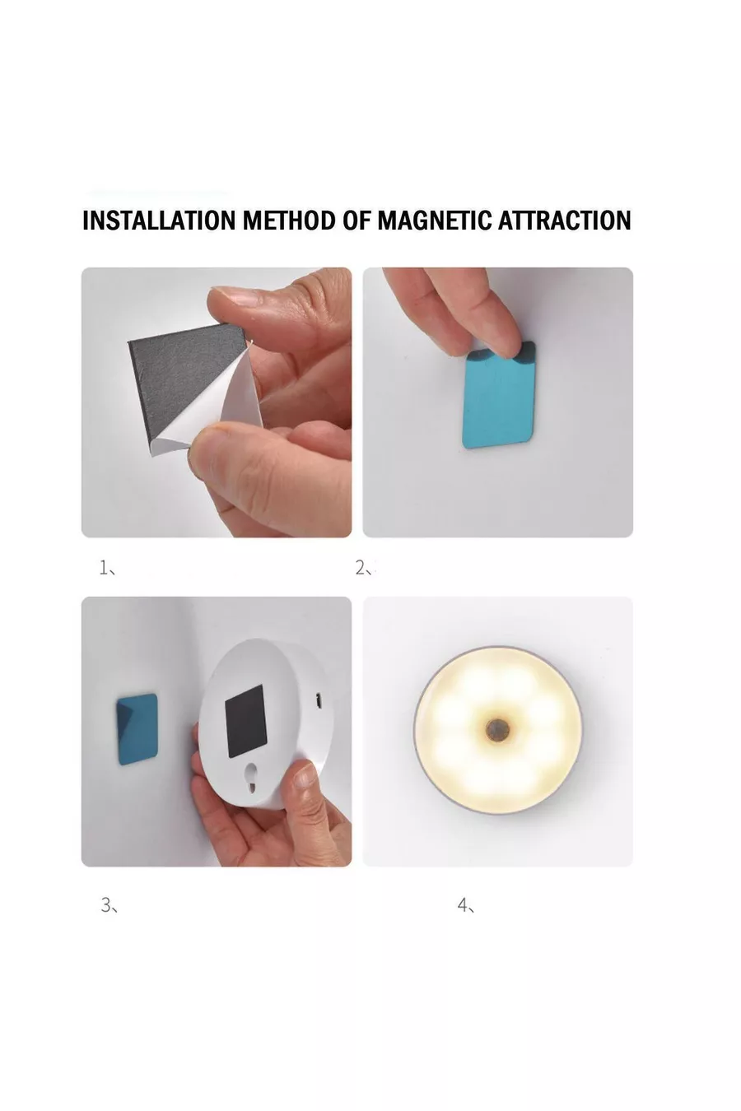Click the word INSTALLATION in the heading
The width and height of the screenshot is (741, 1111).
(x=159, y=221)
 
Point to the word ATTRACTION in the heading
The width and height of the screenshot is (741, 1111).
(x=564, y=221)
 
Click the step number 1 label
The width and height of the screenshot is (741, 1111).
(x=107, y=567)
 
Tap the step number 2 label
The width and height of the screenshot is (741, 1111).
(x=363, y=568)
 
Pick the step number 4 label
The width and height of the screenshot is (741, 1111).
(x=465, y=905)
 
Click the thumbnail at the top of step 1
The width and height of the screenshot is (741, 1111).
(x=233, y=298)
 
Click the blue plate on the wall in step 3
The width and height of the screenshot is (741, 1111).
(x=137, y=729)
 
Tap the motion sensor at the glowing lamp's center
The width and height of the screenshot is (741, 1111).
(x=496, y=729)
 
